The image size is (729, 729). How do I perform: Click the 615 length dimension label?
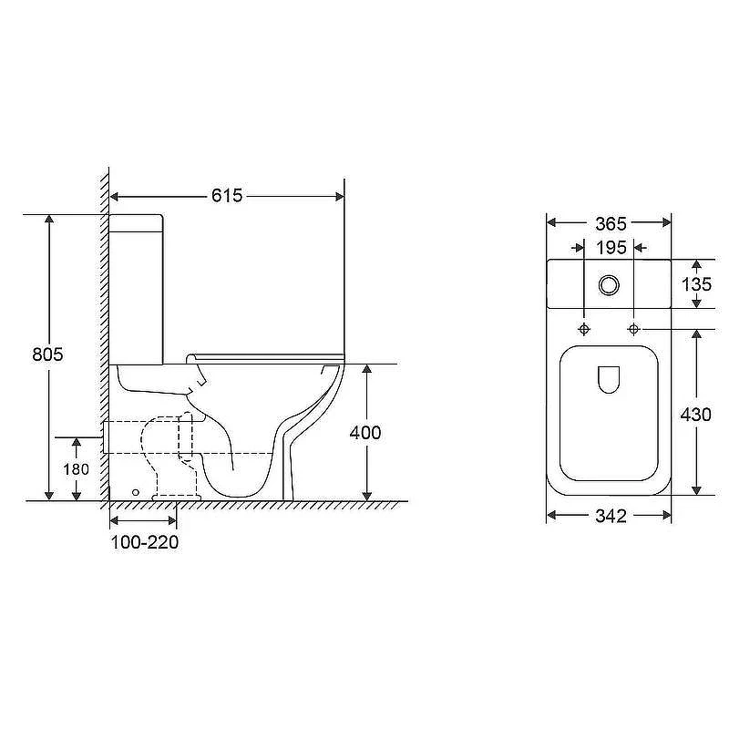point(227,196)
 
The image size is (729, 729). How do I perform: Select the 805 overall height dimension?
point(47,354)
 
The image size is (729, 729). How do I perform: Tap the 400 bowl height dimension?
point(365,433)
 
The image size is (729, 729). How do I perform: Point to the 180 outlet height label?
point(77,469)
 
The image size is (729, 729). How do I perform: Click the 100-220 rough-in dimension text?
point(145,542)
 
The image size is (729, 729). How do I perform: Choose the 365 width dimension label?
point(611,224)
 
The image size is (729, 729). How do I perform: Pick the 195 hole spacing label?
point(611,248)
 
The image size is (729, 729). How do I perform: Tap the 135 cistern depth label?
point(696,284)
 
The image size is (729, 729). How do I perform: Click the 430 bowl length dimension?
point(695,415)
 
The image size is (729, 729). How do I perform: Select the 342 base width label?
point(611,516)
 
